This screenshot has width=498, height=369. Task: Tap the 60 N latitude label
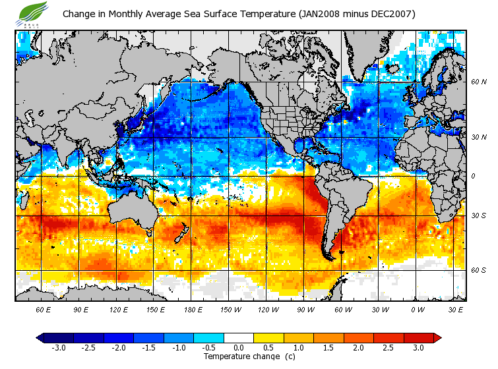click(479, 82)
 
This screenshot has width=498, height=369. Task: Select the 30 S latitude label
click(479, 216)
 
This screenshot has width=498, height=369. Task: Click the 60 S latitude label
click(479, 270)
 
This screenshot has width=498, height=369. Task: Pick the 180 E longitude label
click(193, 309)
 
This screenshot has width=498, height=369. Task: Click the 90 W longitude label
click(306, 309)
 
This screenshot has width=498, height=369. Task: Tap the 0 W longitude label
click(418, 309)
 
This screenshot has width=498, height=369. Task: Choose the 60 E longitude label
click(43, 309)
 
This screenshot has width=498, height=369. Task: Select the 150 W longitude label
click(231, 309)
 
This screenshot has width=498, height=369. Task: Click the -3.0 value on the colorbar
click(58, 347)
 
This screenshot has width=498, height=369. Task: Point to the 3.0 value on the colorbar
click(418, 347)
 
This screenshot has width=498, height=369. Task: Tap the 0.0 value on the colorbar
click(238, 347)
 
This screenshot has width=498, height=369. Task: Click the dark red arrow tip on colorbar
click(437, 337)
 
